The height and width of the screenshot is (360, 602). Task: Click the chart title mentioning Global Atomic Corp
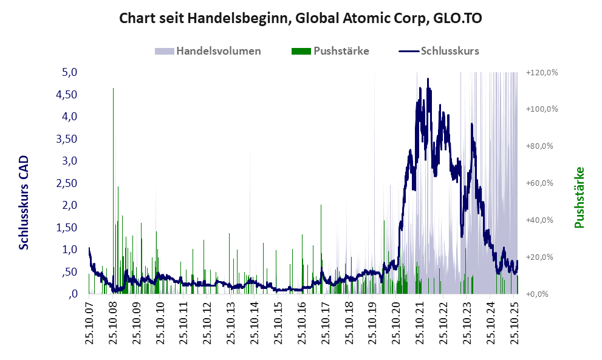pos(301,18)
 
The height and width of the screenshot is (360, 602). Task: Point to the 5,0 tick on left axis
pos(70,72)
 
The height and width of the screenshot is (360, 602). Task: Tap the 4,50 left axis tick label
pos(67,95)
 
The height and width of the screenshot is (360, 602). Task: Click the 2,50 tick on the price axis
pos(67,183)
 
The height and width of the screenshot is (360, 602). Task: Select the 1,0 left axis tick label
pos(70,250)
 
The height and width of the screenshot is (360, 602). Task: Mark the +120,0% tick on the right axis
pos(541,72)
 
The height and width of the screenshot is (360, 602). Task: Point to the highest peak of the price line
pos(428,79)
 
